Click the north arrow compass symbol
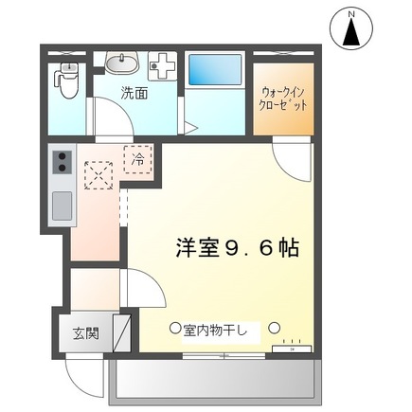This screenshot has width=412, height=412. click(x=352, y=34)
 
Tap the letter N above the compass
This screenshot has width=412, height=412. click(x=352, y=13)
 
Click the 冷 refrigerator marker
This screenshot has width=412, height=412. click(x=138, y=160)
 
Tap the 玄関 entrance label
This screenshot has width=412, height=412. click(x=84, y=333)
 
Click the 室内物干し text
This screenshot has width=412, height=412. click(x=215, y=330)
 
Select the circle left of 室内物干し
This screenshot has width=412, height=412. click(x=174, y=329)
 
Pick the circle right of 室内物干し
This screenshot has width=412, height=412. click(x=274, y=329)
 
